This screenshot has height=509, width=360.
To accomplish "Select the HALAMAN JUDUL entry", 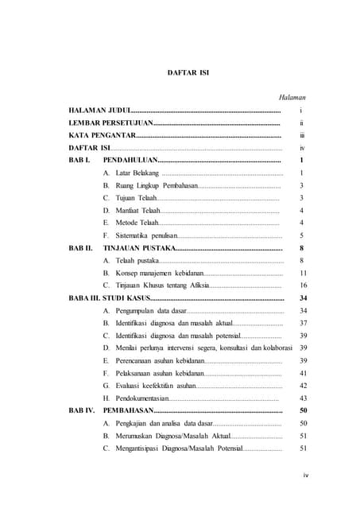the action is click(99, 111).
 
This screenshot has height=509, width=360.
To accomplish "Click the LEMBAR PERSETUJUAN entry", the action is click(110, 124).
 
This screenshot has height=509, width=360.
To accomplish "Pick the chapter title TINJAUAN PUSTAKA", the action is click(139, 248).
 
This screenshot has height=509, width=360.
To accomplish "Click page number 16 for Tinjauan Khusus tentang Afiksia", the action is click(303, 285).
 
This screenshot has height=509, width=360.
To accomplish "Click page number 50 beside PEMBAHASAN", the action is click(303, 410).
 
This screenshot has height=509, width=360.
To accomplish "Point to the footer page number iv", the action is click(305, 476).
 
